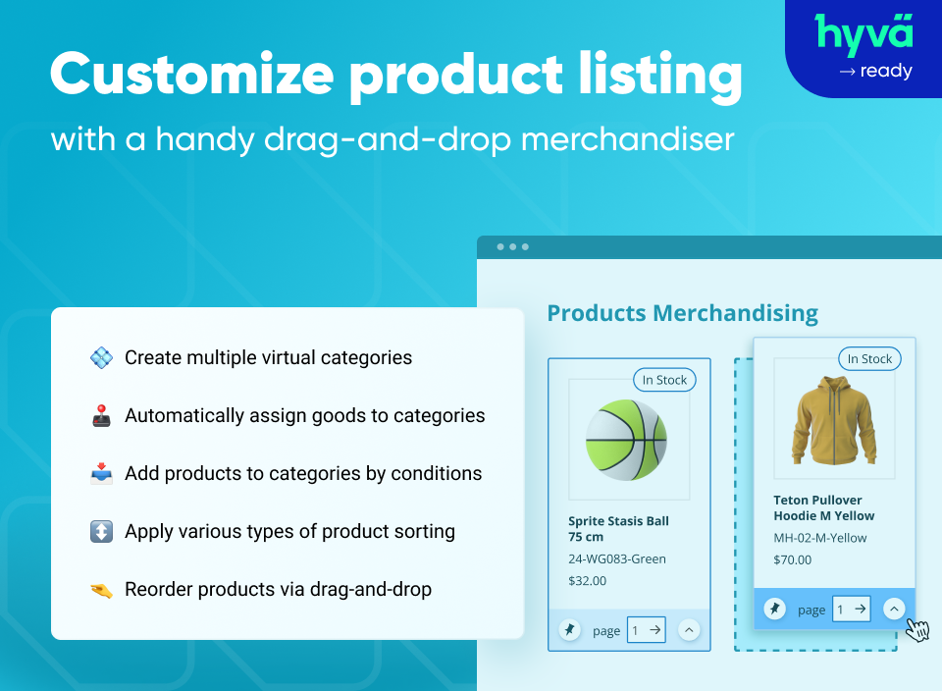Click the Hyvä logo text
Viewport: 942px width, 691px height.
pos(863,33)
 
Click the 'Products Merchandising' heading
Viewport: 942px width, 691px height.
pos(682,313)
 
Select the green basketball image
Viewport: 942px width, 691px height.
pos(626,438)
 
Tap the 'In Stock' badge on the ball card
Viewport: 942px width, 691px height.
pos(664,380)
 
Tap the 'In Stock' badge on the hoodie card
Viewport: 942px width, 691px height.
pos(869,359)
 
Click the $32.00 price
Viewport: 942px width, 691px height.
pos(588,580)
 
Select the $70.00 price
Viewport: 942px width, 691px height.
pos(793,559)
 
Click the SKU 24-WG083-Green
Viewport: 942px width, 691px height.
pos(617,558)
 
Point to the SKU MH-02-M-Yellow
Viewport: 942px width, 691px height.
pos(820,538)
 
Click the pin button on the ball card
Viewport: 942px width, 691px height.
pos(569,630)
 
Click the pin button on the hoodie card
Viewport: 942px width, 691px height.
pos(774,610)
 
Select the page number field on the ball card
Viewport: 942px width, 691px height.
pos(646,630)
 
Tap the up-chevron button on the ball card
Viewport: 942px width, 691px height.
pos(689,630)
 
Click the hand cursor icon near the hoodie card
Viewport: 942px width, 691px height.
pos(917,630)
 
